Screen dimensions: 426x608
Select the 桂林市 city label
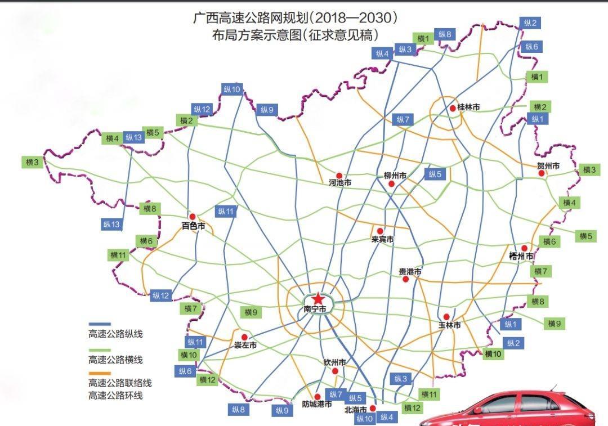pos(468,107)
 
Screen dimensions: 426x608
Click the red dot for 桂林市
pos(453,107)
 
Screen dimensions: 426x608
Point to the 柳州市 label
pos(395,176)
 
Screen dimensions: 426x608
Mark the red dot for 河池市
pos(339,176)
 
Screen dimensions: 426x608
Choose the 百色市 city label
pos(193,226)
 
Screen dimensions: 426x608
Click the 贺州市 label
pos(548,166)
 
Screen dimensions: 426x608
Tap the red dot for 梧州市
pos(524,248)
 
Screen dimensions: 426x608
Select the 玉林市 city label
pos(450,325)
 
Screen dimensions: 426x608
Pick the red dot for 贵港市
pos(405,279)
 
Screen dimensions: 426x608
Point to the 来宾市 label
pos(382,240)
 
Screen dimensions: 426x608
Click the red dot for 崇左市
pos(244,337)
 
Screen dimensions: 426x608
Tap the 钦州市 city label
pos(334,362)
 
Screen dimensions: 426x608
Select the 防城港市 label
pos(316,404)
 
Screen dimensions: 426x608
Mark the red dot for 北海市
pos(373,408)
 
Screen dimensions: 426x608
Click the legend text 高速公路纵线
pos(115,334)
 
